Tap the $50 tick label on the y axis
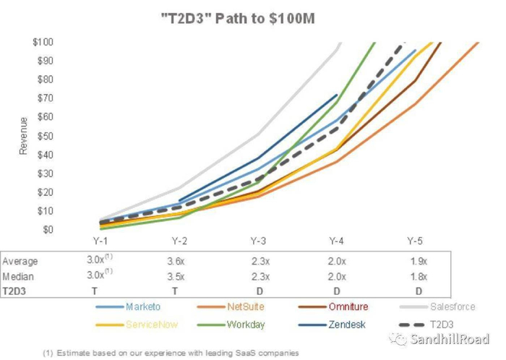tap(44, 135)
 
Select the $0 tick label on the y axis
tap(47, 229)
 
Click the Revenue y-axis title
tap(23, 135)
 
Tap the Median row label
tap(19, 276)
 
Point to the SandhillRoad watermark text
tap(448, 338)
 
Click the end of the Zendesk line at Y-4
tap(337, 95)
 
